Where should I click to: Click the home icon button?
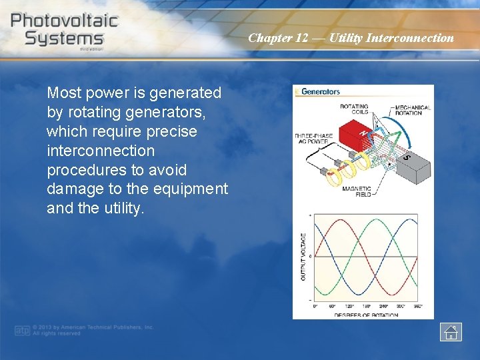(x=451, y=331)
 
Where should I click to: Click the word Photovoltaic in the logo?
(x=64, y=20)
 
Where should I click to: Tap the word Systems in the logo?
(x=64, y=38)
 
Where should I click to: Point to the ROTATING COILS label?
(x=354, y=109)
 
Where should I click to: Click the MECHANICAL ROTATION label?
(x=412, y=110)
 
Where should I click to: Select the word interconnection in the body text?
(x=100, y=151)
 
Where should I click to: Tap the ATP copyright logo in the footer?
(x=23, y=330)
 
